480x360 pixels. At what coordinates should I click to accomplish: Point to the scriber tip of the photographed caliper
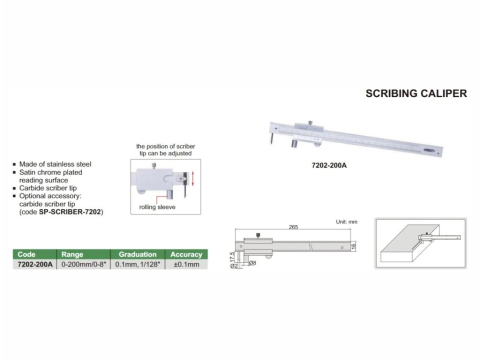click(267, 145)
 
